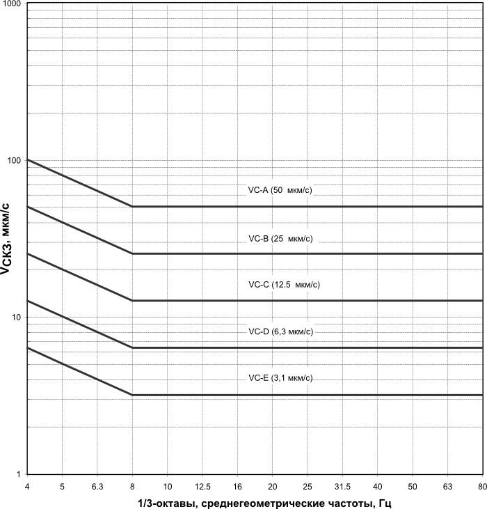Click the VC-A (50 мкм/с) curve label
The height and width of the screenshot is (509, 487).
pos(280,190)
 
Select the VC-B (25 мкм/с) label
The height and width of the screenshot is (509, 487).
pos(280,239)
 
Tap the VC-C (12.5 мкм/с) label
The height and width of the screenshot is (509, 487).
pos(284,284)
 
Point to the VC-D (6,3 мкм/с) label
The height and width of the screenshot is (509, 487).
pos(280,331)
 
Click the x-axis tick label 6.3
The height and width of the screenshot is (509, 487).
pos(97,485)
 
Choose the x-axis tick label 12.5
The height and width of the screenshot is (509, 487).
pos(202,485)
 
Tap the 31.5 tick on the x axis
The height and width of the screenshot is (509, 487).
pos(342,485)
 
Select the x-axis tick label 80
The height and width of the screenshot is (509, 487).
pos(481,485)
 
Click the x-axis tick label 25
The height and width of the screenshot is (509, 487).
pos(308,485)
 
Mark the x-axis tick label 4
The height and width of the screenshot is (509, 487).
pos(27,485)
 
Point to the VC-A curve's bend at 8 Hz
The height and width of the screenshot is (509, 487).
pos(132,207)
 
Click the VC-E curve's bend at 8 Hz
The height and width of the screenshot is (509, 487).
pos(132,395)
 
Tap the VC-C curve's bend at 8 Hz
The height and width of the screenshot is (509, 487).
pos(132,301)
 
